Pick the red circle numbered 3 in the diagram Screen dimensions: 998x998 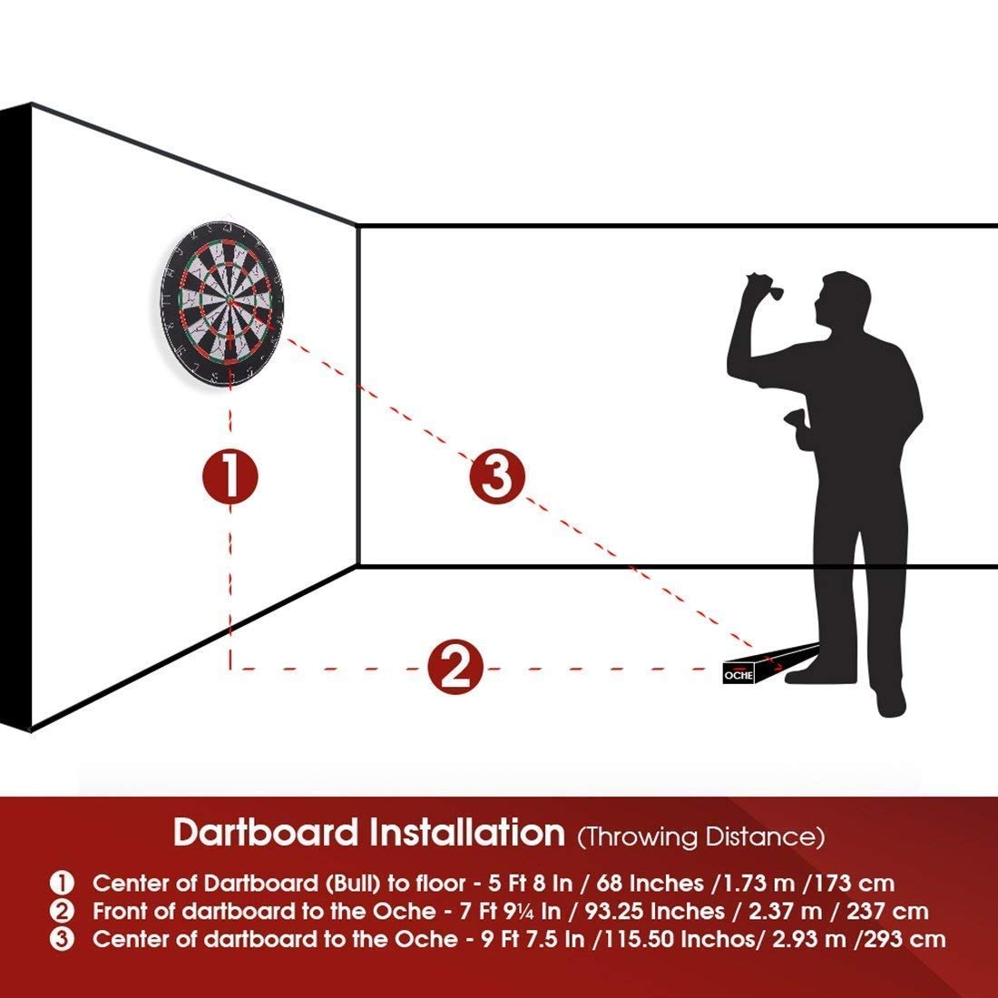(x=497, y=476)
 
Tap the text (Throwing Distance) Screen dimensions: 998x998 (x=701, y=836)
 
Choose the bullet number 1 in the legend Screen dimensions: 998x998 (x=63, y=882)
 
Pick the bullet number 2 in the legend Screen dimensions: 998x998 (x=63, y=911)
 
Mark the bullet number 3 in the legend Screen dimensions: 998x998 (x=63, y=939)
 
